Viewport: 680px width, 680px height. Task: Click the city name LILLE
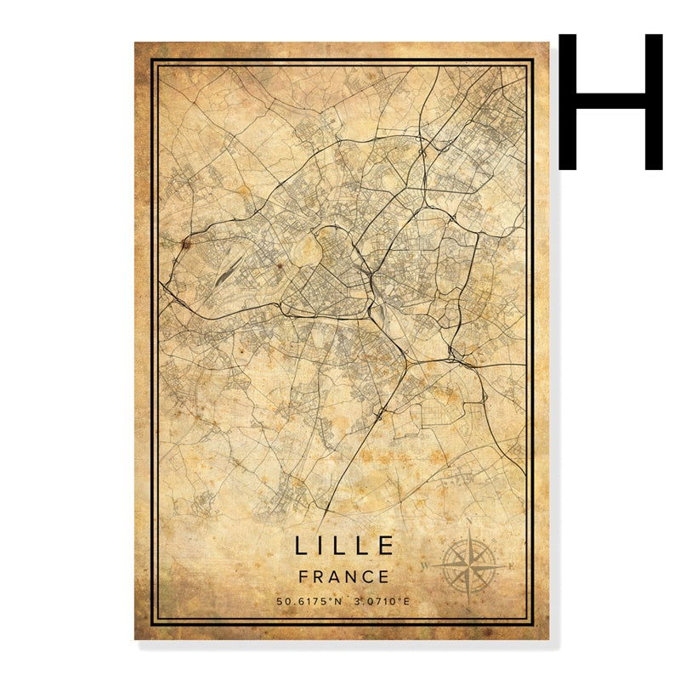click(x=344, y=545)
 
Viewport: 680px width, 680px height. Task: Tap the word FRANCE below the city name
click(x=344, y=576)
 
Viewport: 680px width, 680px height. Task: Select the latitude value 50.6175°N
click(x=309, y=603)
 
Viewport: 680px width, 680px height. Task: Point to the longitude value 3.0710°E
click(x=382, y=603)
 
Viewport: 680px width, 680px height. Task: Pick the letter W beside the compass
click(x=426, y=564)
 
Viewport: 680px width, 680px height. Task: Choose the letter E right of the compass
click(x=511, y=565)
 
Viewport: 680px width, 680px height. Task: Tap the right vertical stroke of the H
click(x=653, y=101)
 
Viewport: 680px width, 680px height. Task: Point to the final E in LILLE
click(x=387, y=545)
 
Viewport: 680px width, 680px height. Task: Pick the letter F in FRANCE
click(x=304, y=576)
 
